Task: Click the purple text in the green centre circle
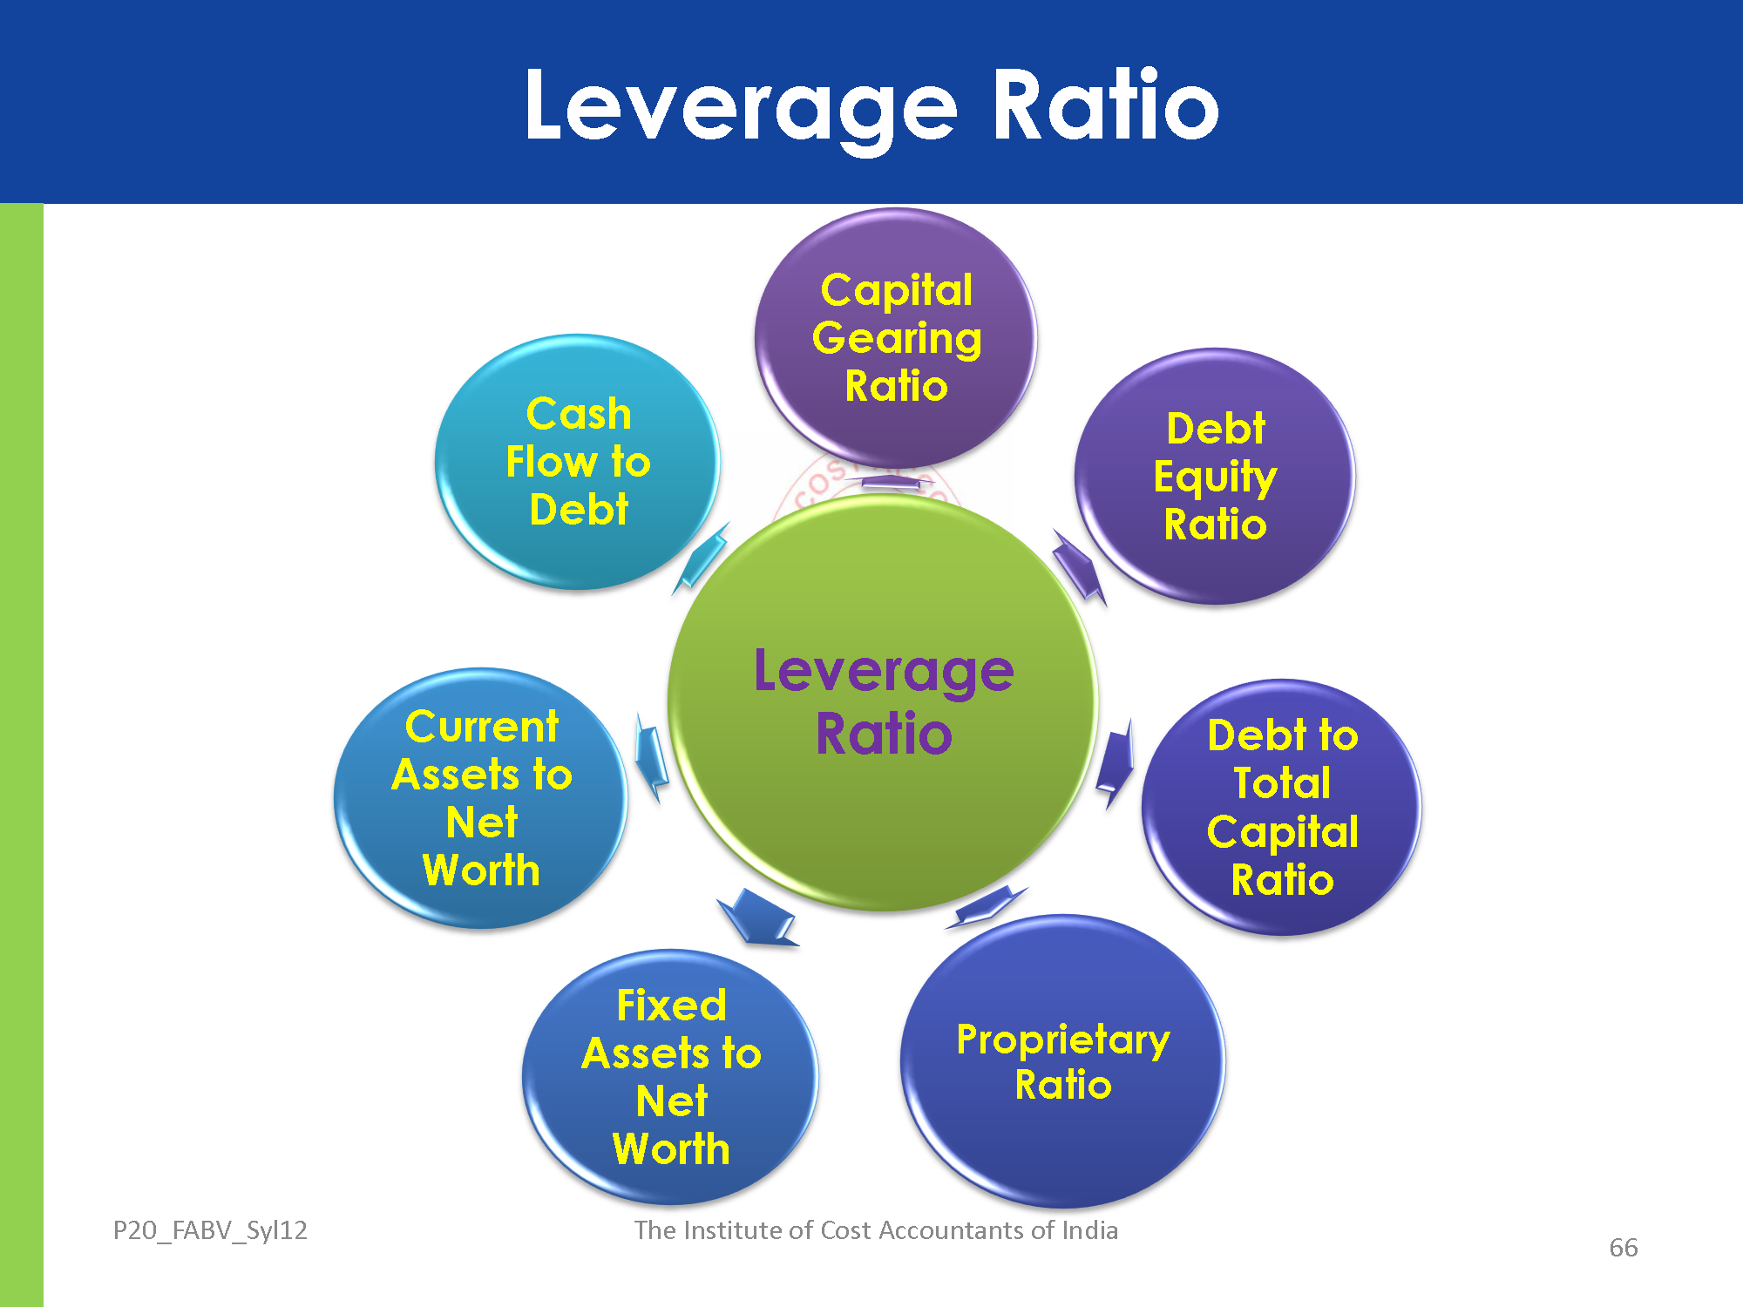884,702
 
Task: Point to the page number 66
1623,1248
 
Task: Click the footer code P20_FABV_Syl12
210,1230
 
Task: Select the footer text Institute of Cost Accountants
876,1230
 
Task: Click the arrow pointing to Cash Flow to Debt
702,558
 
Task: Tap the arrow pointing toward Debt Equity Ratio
1078,566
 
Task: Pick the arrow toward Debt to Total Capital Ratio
1115,762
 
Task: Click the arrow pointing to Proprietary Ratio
987,906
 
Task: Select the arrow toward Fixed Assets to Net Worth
756,918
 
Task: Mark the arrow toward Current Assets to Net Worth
651,756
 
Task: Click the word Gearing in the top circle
896,338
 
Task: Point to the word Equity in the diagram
1215,477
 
